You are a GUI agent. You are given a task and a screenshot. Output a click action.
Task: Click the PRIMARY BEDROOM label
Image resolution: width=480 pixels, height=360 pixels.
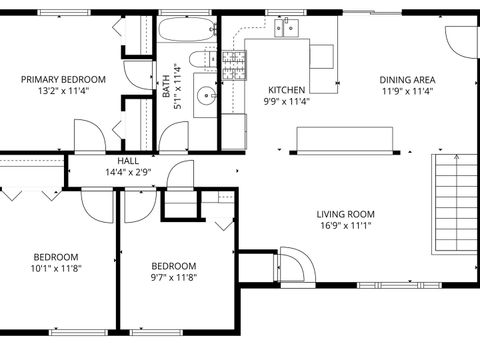(x=63, y=79)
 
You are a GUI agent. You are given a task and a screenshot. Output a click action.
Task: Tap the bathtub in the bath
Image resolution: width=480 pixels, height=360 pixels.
(x=186, y=29)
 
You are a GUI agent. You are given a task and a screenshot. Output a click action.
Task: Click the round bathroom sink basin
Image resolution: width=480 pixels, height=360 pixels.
(x=206, y=97)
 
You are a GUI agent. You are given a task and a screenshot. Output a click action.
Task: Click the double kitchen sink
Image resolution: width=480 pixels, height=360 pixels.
(x=285, y=28)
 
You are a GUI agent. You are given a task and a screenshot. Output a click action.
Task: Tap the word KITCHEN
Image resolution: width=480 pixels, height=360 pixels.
(x=286, y=89)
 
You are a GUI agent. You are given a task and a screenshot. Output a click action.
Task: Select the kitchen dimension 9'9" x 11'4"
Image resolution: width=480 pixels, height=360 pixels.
(x=286, y=100)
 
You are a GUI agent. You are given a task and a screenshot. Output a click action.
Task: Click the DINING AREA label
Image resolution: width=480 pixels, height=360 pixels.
(x=406, y=80)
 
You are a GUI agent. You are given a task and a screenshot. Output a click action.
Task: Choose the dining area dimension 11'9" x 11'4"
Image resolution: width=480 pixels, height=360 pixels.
(x=406, y=91)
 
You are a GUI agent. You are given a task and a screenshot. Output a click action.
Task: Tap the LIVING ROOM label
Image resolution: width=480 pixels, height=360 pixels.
(x=345, y=214)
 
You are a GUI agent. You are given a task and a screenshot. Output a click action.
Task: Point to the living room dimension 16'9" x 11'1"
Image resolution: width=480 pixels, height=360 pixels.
(x=345, y=226)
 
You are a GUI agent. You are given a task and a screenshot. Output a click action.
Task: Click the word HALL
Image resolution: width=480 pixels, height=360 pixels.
(x=128, y=160)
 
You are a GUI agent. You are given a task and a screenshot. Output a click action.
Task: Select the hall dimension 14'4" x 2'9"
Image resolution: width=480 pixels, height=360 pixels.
(x=128, y=171)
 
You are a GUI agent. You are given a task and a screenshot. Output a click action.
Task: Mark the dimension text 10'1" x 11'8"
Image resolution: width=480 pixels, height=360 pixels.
(x=56, y=267)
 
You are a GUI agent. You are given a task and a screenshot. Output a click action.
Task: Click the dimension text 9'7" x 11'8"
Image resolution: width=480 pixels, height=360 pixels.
(x=173, y=277)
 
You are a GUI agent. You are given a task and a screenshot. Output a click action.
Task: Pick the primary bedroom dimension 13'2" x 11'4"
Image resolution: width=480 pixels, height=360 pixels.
(x=63, y=90)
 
